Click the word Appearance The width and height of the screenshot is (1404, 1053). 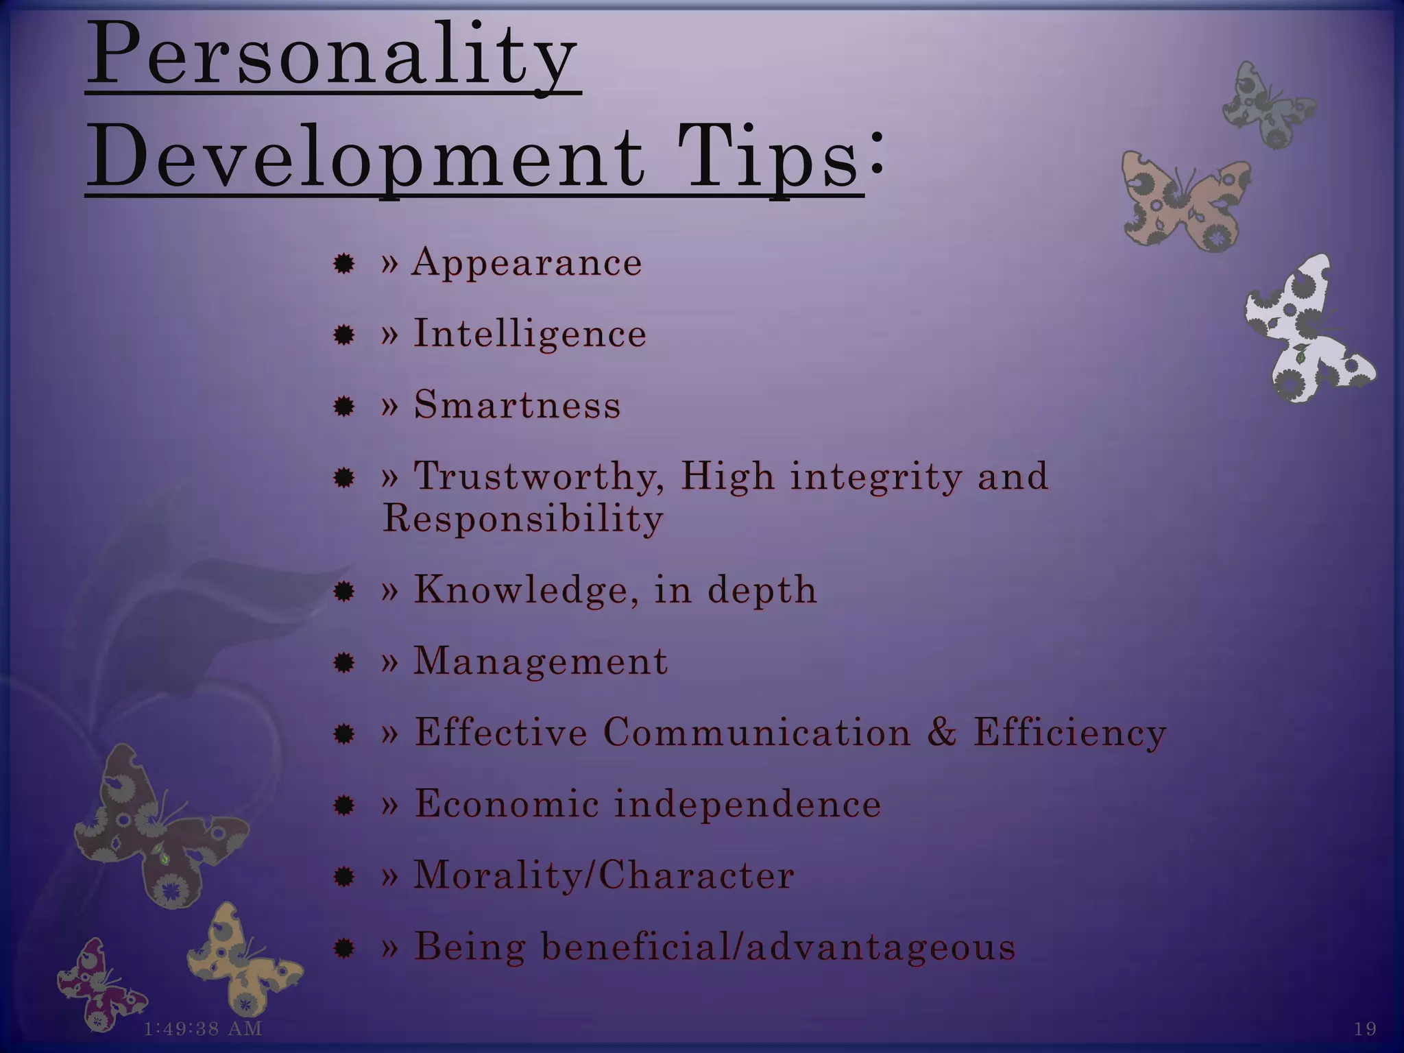(x=526, y=262)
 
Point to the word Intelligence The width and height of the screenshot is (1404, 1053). (x=530, y=334)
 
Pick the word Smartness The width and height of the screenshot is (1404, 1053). (x=517, y=404)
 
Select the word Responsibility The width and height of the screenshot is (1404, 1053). (x=522, y=518)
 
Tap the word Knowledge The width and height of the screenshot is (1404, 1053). (x=520, y=590)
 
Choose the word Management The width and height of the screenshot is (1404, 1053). (x=540, y=662)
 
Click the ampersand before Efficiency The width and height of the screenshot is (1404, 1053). (x=942, y=731)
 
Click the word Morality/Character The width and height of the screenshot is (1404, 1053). (x=603, y=875)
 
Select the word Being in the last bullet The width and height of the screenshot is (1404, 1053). (x=470, y=947)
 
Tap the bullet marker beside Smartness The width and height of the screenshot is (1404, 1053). (x=343, y=407)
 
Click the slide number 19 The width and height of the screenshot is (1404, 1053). (x=1365, y=1028)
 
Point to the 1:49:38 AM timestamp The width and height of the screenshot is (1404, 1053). (x=203, y=1028)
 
